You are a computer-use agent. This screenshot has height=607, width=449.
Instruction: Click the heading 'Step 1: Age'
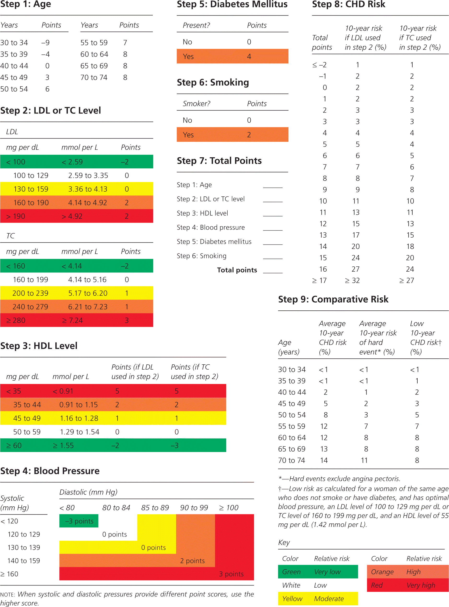tap(26, 4)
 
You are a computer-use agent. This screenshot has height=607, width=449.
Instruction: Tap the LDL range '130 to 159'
tap(31, 189)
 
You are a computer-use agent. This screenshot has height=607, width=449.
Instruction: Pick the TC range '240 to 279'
tap(30, 307)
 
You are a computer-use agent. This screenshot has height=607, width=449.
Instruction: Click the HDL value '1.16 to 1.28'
tap(79, 418)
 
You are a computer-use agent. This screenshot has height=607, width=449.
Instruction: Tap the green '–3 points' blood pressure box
tap(79, 521)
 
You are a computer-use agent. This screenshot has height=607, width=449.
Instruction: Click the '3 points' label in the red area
tap(231, 574)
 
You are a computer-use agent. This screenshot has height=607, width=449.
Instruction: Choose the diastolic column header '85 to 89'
tap(155, 508)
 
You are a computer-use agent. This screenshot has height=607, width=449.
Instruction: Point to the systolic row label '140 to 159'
tap(24, 561)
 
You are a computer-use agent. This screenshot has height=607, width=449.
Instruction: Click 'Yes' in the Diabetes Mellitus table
tap(188, 57)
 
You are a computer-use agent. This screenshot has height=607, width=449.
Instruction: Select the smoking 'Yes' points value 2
tap(249, 135)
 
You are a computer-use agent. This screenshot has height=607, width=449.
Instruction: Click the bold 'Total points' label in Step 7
tap(237, 270)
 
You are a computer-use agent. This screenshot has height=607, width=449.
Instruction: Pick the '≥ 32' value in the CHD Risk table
tap(352, 281)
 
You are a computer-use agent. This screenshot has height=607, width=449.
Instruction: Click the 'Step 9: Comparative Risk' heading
tap(333, 299)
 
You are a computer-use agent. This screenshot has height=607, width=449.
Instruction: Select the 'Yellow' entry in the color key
tap(292, 599)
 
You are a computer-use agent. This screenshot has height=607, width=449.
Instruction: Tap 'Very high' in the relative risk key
tap(421, 585)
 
